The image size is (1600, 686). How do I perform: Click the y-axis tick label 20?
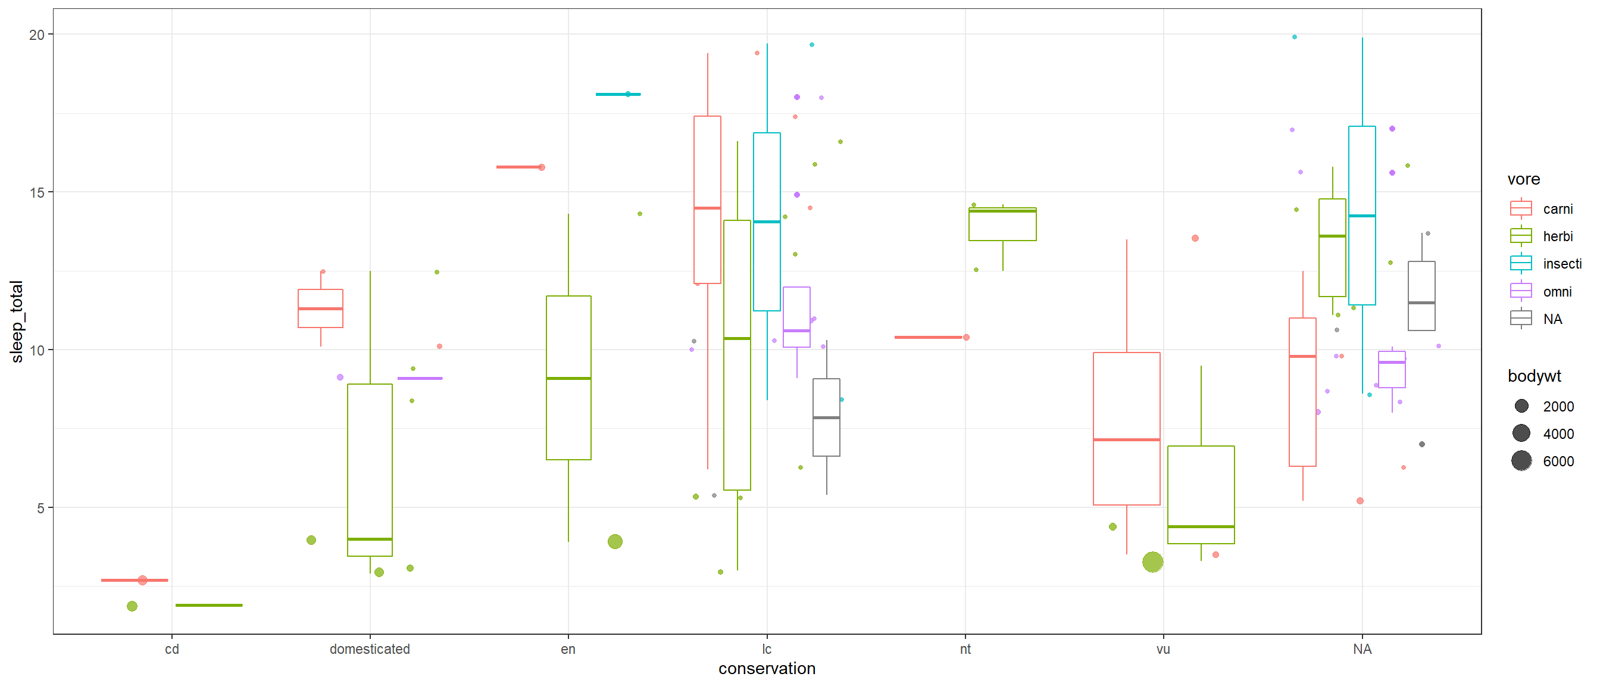pyautogui.click(x=37, y=35)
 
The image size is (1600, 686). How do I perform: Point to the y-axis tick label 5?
pyautogui.click(x=40, y=509)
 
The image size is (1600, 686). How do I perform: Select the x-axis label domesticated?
pyautogui.click(x=370, y=649)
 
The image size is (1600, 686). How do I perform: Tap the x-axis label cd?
pyautogui.click(x=172, y=649)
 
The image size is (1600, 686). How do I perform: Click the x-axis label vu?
pyautogui.click(x=1162, y=649)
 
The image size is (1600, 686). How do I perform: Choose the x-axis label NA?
pyautogui.click(x=1361, y=649)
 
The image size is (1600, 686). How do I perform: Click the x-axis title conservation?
pyautogui.click(x=767, y=669)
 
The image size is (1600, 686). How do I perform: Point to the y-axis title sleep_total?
pyautogui.click(x=17, y=321)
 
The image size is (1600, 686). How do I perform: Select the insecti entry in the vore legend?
pyautogui.click(x=1561, y=264)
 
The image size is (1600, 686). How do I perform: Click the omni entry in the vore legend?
pyautogui.click(x=1557, y=292)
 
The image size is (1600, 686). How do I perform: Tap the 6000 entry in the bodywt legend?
pyautogui.click(x=1558, y=462)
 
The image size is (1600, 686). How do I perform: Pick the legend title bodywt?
pyautogui.click(x=1534, y=376)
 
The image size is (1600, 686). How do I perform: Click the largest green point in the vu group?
pyautogui.click(x=1153, y=562)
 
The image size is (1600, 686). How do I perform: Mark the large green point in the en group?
pyautogui.click(x=615, y=542)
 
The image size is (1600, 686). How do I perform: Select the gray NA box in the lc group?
pyautogui.click(x=826, y=417)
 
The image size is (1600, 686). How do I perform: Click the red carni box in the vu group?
pyautogui.click(x=1126, y=429)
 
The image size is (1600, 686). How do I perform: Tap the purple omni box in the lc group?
pyautogui.click(x=796, y=317)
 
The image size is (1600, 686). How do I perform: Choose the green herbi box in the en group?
pyautogui.click(x=568, y=378)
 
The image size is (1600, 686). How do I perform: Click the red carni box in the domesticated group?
pyautogui.click(x=320, y=308)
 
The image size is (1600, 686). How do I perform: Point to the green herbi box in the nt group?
pyautogui.click(x=1002, y=224)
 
